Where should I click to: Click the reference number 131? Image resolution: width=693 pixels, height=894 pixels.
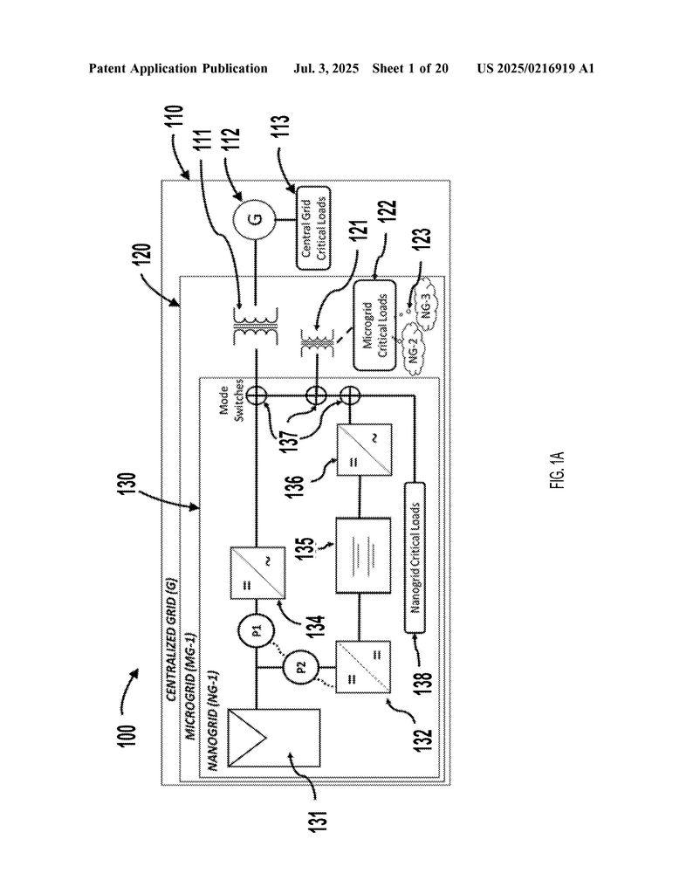pyautogui.click(x=318, y=819)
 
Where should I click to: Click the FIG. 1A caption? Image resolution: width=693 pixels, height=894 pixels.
pyautogui.click(x=559, y=470)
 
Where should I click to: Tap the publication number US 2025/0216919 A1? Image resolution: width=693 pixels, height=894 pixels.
pyautogui.click(x=535, y=68)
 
